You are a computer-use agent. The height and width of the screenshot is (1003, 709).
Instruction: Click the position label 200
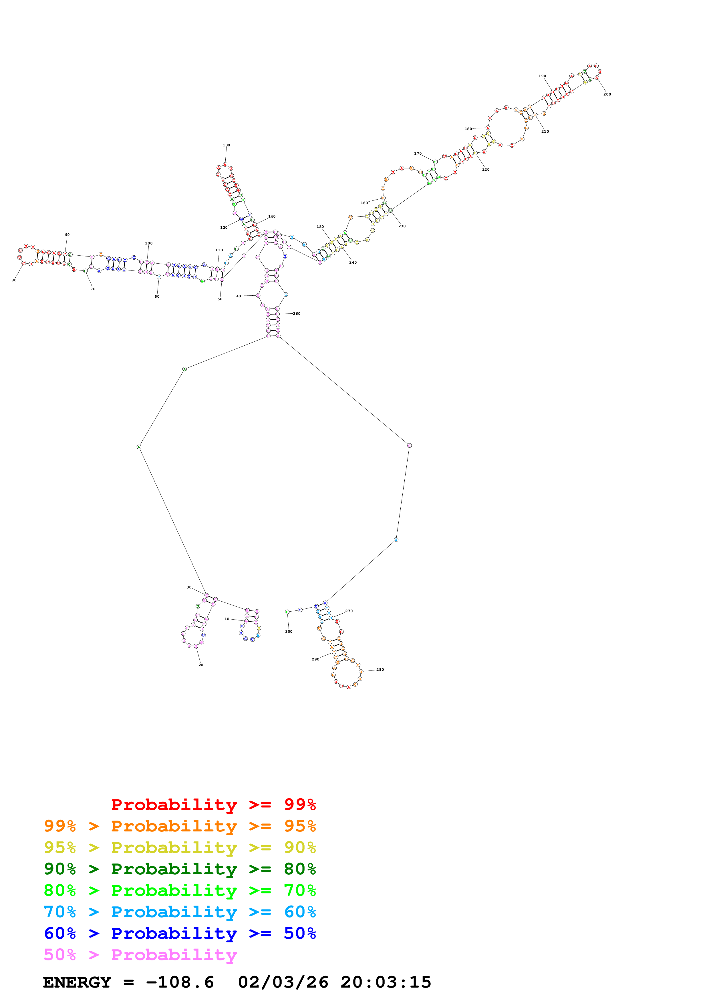(x=607, y=94)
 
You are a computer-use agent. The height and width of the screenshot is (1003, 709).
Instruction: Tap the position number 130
(x=226, y=145)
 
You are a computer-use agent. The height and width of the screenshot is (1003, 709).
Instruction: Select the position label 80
(x=14, y=280)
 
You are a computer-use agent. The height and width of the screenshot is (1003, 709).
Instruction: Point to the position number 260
(x=297, y=314)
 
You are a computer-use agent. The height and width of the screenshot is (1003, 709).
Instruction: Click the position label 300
(x=289, y=631)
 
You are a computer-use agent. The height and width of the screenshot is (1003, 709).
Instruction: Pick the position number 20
(x=200, y=665)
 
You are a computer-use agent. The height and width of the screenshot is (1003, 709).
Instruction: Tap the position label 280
(x=380, y=669)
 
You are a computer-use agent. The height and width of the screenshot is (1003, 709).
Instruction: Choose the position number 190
(x=542, y=76)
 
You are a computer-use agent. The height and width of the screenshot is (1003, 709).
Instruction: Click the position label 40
(x=239, y=296)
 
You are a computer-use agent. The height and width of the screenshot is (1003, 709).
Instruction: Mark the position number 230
(x=402, y=226)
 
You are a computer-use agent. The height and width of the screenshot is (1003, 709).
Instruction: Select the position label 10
(x=227, y=619)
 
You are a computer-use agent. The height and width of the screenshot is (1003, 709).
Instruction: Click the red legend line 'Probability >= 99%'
(x=213, y=804)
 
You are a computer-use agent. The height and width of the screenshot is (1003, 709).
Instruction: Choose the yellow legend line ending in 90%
(x=180, y=847)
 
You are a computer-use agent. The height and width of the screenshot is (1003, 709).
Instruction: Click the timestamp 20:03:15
(x=386, y=982)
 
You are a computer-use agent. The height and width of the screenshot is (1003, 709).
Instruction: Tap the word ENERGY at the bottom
(x=77, y=982)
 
